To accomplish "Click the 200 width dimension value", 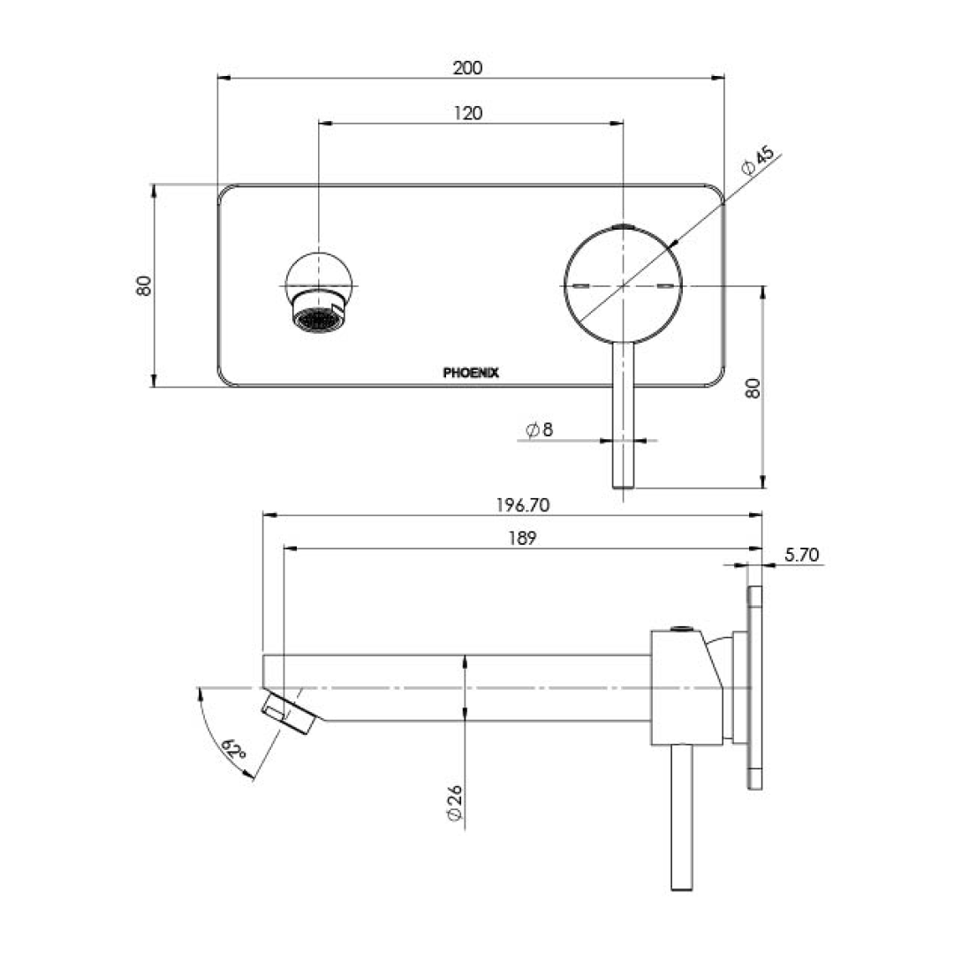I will [x=468, y=68].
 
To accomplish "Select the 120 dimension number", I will [x=468, y=112].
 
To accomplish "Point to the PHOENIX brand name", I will [x=471, y=373].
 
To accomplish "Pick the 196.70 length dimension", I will [x=522, y=505].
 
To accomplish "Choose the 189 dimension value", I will [x=522, y=538].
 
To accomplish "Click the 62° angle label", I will [x=235, y=750].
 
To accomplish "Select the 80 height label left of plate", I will [x=144, y=286].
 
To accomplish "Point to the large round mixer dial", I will [x=624, y=284].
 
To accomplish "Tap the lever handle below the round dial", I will [x=624, y=415].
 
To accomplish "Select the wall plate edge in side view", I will [x=754, y=688].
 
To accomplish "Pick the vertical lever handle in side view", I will [x=680, y=817].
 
